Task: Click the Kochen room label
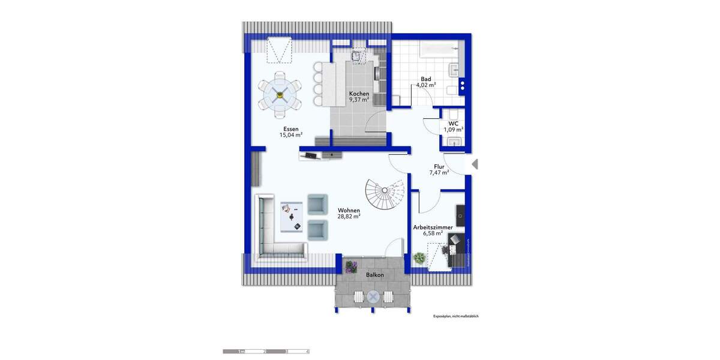click(x=359, y=94)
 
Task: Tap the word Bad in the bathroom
click(x=425, y=79)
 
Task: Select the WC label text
click(x=453, y=123)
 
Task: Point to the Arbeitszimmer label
click(x=433, y=227)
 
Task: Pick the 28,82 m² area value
click(x=349, y=217)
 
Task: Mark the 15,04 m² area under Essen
click(x=290, y=135)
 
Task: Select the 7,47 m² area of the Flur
click(x=439, y=172)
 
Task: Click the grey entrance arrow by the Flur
click(x=475, y=164)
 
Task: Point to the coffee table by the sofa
click(x=291, y=215)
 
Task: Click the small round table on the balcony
click(x=373, y=296)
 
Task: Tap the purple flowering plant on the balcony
click(x=350, y=266)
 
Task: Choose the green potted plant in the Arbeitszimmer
click(x=419, y=259)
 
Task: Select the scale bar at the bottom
click(x=266, y=351)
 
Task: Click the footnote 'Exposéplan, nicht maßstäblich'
click(x=455, y=316)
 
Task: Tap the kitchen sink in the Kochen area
click(x=359, y=56)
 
